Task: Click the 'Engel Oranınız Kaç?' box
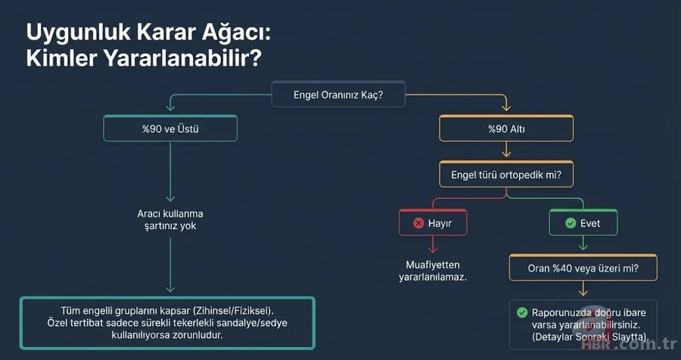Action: click(x=338, y=96)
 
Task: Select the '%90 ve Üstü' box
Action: click(x=170, y=129)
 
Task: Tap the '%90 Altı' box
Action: click(x=506, y=129)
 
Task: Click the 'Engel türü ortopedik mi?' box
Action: click(x=506, y=175)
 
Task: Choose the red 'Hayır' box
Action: click(x=433, y=223)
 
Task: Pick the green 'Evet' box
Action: click(x=583, y=223)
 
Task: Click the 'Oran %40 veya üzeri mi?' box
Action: click(x=582, y=268)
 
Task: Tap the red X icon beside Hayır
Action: click(x=418, y=223)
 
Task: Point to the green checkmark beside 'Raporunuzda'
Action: click(x=521, y=312)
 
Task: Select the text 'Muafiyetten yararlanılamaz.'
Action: click(x=433, y=271)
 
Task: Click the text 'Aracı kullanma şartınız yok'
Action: click(x=170, y=219)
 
